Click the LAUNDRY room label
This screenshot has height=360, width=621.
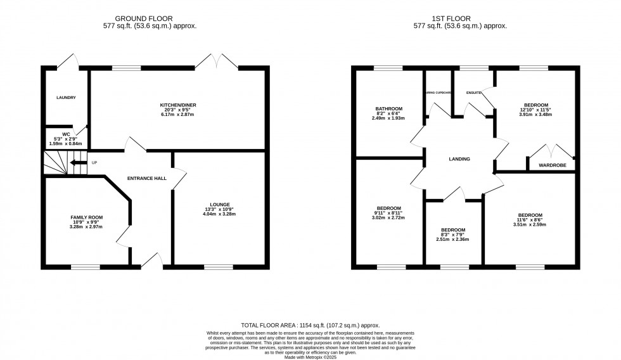coord(66,98)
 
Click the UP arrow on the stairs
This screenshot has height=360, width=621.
coord(79,163)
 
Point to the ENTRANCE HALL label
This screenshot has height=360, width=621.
coord(146,178)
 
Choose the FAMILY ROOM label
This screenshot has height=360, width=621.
coord(86,217)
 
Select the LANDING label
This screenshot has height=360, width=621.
coord(459,159)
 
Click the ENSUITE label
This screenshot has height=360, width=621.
coord(473,93)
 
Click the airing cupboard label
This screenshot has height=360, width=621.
coord(438,93)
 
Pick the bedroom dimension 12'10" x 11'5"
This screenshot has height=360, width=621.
coord(536,110)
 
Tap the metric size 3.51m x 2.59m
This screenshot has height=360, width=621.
coord(530,225)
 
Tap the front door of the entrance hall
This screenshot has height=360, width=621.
coord(151,260)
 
